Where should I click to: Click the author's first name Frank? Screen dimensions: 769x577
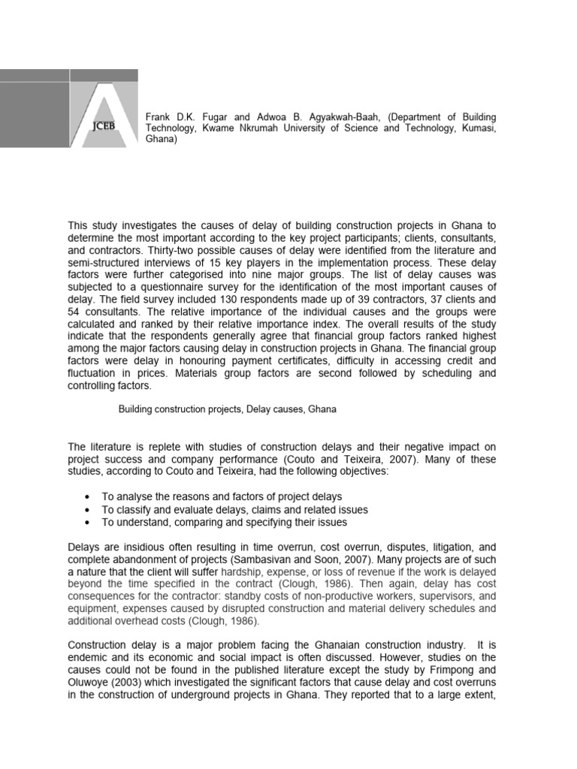159,118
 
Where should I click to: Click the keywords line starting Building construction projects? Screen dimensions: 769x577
228,409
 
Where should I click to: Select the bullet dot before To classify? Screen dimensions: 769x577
89,510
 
